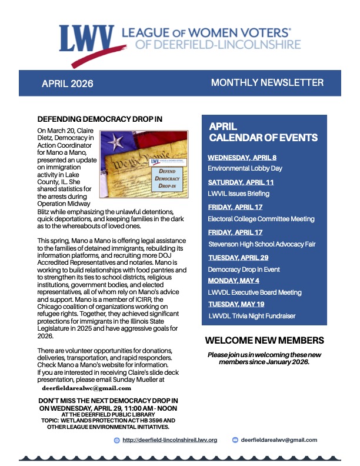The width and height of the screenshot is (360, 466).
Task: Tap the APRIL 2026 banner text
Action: coord(67,84)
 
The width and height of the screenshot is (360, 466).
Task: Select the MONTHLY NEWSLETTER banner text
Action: coord(267,82)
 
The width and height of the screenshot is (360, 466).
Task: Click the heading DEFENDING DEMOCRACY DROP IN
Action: coord(99,119)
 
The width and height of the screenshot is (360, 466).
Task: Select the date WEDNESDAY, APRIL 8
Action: coord(242,157)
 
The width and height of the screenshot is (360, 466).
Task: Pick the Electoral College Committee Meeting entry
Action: coord(261,219)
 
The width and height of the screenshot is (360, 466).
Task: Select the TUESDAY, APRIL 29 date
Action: coord(239,258)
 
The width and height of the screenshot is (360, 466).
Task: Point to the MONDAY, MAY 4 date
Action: coord(235,281)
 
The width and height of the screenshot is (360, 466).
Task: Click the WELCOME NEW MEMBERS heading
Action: coord(264,341)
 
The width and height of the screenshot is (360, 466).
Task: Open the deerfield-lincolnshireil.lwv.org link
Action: coord(170,440)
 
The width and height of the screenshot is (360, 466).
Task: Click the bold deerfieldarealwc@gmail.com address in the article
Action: coord(86,388)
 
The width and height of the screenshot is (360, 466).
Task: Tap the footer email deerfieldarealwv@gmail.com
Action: coord(279,440)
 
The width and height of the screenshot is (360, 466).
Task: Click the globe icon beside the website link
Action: coord(116,440)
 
